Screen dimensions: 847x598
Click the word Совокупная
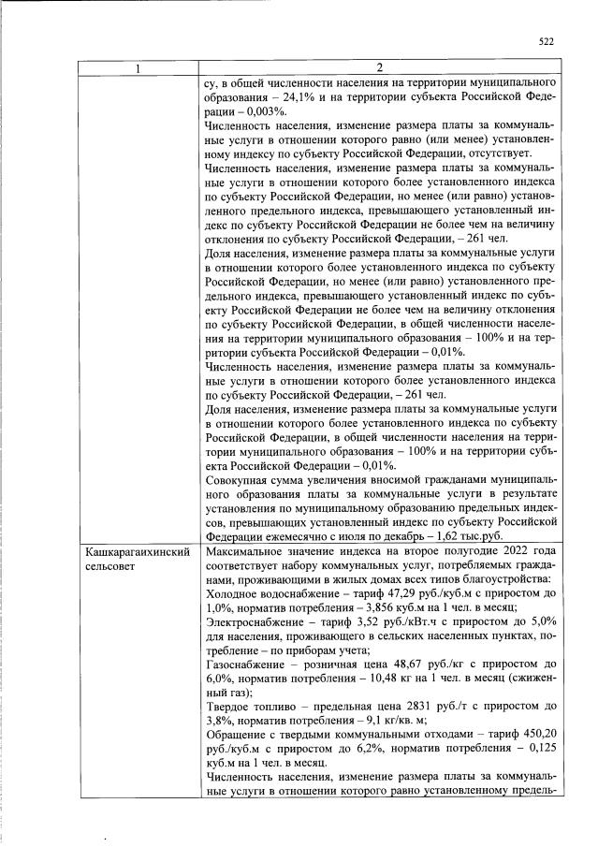click(x=241, y=480)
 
